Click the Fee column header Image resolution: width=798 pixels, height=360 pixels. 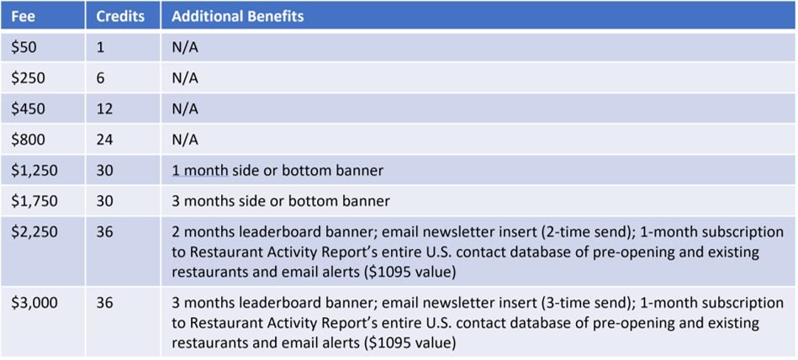[x=23, y=16]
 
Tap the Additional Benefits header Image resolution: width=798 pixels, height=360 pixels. [x=238, y=16]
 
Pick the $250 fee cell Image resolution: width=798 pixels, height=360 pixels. [x=29, y=78]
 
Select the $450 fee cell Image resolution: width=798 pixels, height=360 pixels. [x=29, y=109]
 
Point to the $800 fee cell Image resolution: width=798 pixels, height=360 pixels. [x=29, y=139]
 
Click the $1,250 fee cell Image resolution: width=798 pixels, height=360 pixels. [x=34, y=170]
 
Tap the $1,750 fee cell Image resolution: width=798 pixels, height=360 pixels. [x=34, y=201]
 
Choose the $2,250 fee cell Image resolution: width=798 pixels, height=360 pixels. [x=34, y=231]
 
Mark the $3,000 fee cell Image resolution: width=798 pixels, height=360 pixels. [x=34, y=303]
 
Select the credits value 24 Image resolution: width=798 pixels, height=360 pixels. [x=104, y=139]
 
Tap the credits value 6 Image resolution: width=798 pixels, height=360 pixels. [x=100, y=78]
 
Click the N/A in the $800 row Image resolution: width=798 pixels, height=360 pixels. [x=185, y=139]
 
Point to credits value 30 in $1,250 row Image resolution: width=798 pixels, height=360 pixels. [x=104, y=170]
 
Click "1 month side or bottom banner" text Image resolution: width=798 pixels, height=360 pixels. [x=277, y=171]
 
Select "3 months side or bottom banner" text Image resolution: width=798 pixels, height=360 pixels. [x=281, y=201]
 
